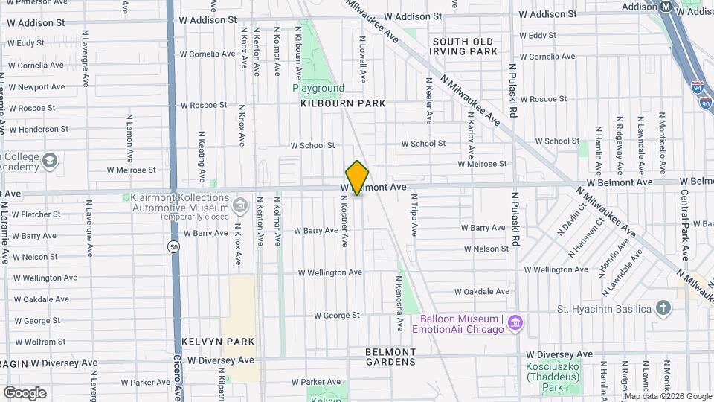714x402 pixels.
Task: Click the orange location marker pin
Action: pos(357,177)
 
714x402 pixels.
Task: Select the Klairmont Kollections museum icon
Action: pos(240,205)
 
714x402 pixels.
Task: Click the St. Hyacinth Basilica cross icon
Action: pos(663,308)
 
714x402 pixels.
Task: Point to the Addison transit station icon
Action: pos(666,6)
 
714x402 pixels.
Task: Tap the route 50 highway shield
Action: pos(173,246)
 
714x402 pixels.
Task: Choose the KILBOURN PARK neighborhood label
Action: pos(343,103)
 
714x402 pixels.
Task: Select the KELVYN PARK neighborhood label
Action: pos(218,342)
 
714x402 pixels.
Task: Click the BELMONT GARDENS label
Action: pos(390,357)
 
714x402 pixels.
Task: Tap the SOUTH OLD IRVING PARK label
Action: pos(463,46)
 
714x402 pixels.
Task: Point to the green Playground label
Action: pos(318,88)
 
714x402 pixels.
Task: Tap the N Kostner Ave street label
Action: pos(344,222)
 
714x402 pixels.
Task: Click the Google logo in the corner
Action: pos(25,392)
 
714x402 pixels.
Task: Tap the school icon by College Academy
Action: pos(50,160)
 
